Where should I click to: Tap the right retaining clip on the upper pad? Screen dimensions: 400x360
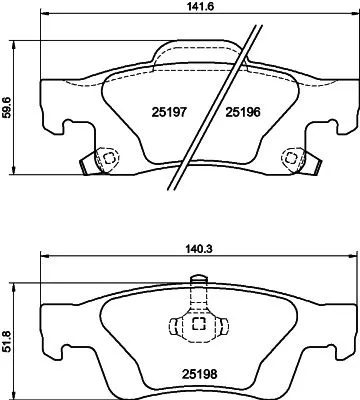pyautogui.click(x=292, y=158)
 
